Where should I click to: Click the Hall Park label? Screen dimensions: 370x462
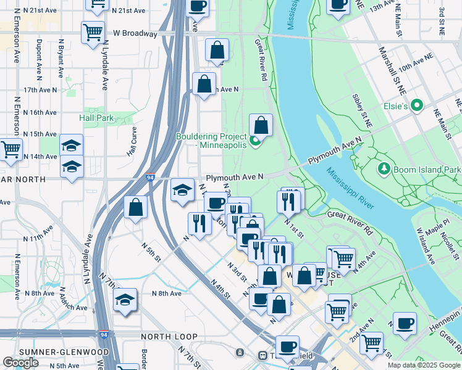click(x=96, y=117)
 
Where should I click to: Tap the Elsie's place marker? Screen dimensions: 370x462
click(x=417, y=106)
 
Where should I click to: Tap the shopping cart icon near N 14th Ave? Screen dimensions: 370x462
click(x=10, y=149)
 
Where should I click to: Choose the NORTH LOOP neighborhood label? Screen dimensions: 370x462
click(x=169, y=337)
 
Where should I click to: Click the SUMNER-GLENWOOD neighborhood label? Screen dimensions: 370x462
click(x=56, y=352)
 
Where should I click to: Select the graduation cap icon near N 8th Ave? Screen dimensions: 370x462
click(x=125, y=300)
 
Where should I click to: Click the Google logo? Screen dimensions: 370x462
click(x=20, y=363)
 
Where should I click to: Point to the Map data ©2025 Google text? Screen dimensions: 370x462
click(x=424, y=365)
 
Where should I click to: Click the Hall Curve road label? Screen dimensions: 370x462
click(x=131, y=141)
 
